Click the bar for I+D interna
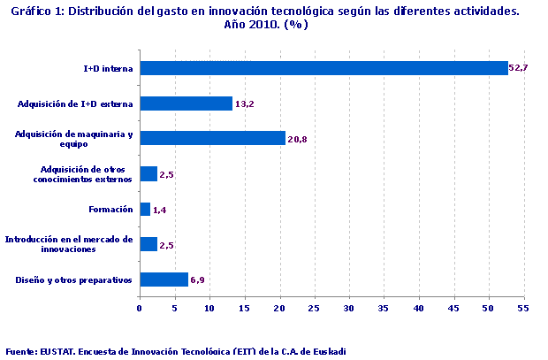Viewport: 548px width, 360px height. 323,68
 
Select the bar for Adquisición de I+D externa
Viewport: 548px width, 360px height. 186,103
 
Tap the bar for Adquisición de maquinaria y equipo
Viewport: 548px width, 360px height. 212,138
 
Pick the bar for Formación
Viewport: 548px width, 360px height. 145,210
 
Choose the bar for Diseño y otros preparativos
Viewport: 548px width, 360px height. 164,280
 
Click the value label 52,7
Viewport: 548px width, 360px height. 518,68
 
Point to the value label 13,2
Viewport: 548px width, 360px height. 244,103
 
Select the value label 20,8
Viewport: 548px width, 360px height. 297,139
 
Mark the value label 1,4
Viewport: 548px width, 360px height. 159,210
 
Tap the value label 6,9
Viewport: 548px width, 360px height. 198,280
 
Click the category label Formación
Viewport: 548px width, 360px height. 111,210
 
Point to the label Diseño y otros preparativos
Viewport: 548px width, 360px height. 74,280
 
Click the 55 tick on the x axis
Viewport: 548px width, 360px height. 522,308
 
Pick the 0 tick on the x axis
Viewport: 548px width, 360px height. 140,308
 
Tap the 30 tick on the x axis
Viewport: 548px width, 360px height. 348,308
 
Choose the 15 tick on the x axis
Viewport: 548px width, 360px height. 244,308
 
